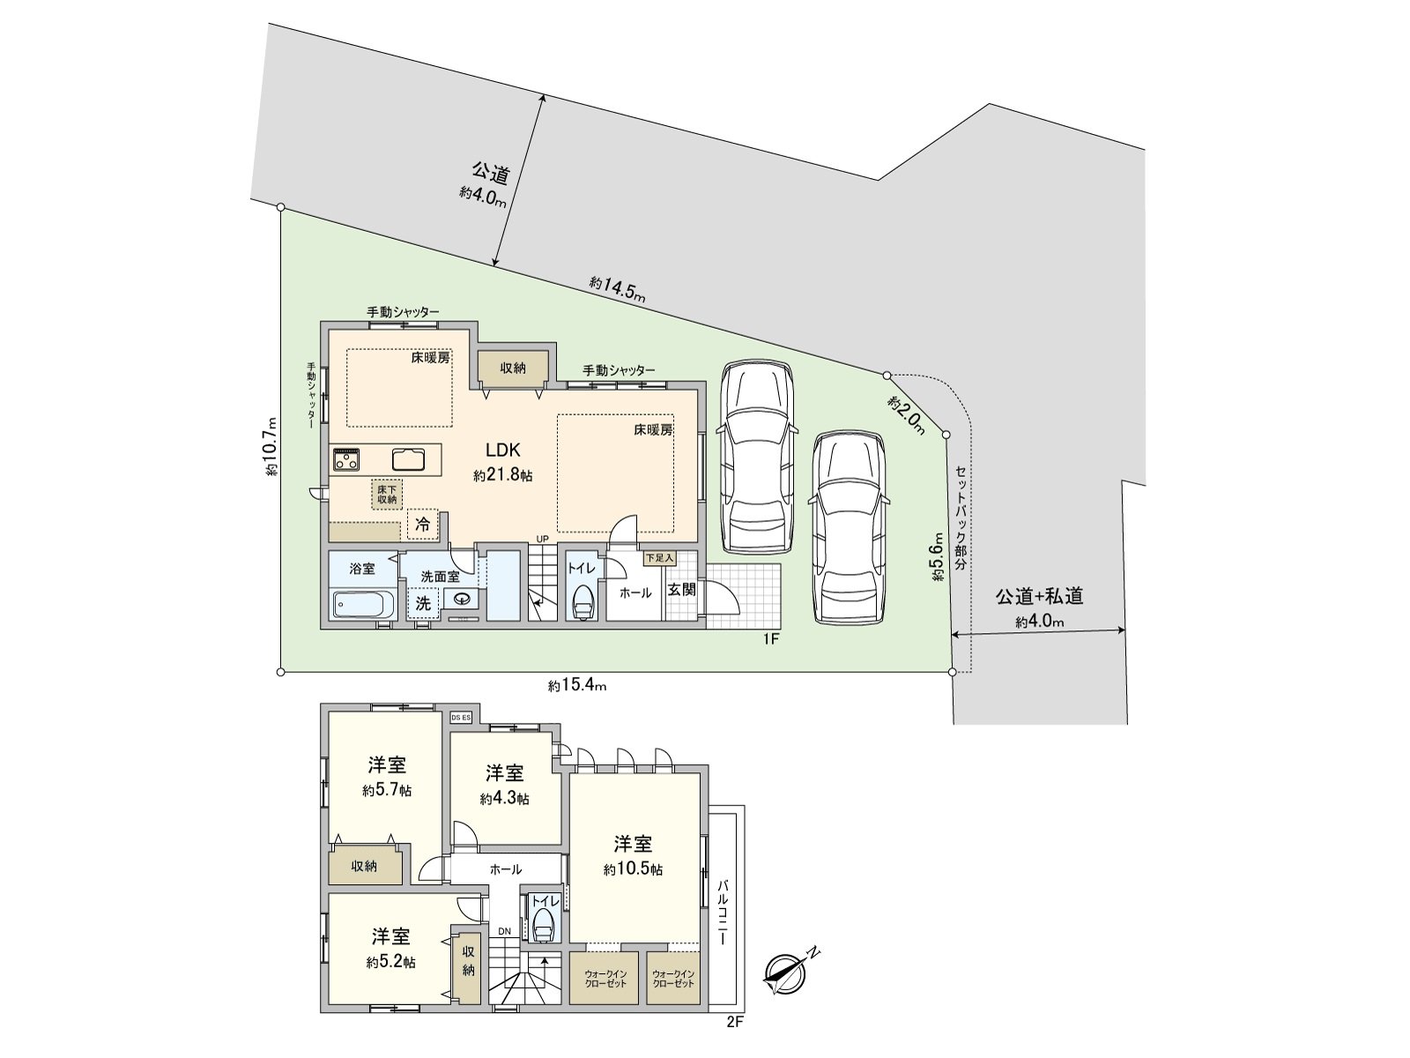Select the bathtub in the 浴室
point(363,605)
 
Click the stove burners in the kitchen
point(345,459)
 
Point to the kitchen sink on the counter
point(407,459)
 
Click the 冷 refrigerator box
point(423,524)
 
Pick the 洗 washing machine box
point(423,604)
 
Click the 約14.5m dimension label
point(617,289)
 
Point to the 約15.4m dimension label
point(578,685)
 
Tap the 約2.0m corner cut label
point(907,414)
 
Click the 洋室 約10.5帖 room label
point(633,855)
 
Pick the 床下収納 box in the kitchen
point(387,495)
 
